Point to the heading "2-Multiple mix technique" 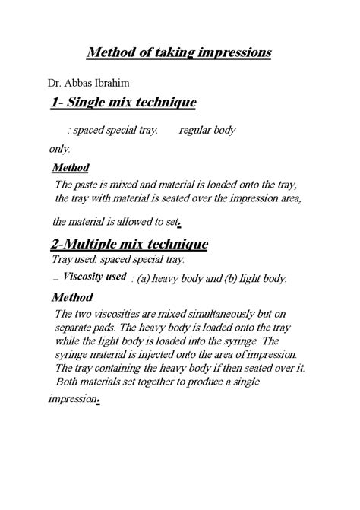130,245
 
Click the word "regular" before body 195,131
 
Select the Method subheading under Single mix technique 70,167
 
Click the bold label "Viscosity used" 94,277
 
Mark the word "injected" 162,355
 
